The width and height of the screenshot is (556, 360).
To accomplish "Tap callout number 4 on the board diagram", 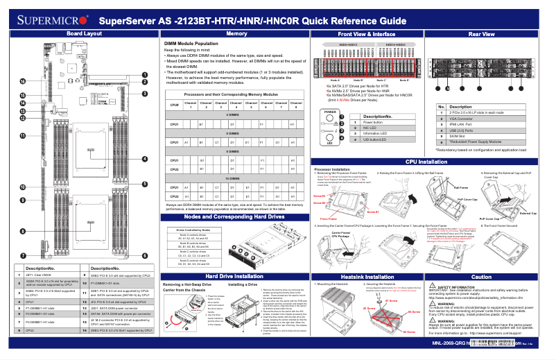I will [144, 159].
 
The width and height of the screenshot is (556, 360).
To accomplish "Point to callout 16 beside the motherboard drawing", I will [22, 81].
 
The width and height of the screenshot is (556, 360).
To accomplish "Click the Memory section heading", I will [236, 33].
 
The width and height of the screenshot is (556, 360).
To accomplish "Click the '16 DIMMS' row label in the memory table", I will [237, 179].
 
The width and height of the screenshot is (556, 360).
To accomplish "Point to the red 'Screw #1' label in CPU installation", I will [319, 196].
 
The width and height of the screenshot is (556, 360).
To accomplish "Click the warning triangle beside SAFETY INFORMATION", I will [433, 285].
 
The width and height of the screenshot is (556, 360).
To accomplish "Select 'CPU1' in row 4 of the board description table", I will [30, 302].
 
